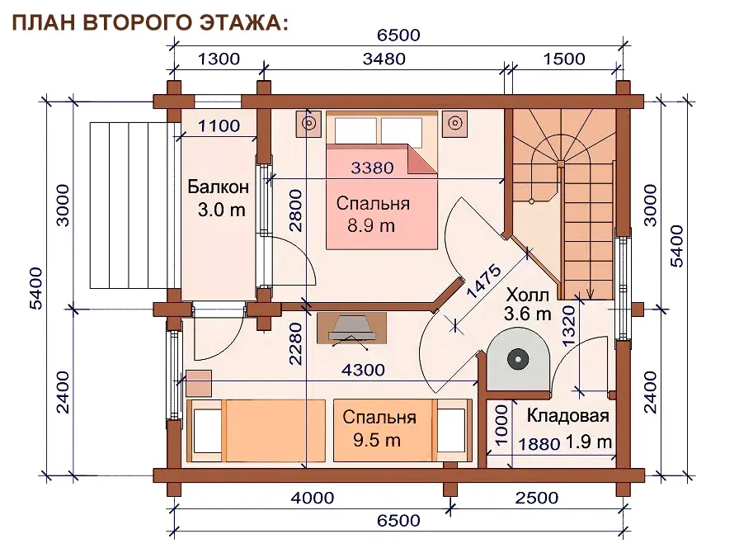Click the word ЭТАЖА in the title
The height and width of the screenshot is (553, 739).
(x=243, y=22)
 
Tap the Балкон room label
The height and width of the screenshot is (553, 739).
(x=219, y=187)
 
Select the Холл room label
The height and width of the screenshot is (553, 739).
(x=527, y=295)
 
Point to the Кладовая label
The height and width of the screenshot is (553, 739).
(x=567, y=416)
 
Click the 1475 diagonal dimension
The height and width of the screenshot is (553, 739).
(x=484, y=281)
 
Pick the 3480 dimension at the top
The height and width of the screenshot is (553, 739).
(x=384, y=59)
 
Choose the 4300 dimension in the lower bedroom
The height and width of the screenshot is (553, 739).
(x=363, y=370)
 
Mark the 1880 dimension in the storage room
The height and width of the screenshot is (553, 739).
(x=539, y=444)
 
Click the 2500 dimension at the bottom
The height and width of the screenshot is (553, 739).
(x=536, y=498)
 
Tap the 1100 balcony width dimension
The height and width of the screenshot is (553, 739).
(x=219, y=126)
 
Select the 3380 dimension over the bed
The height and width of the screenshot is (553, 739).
(x=372, y=168)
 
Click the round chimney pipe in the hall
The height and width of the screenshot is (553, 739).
(x=518, y=360)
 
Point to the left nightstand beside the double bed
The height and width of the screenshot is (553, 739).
(x=308, y=124)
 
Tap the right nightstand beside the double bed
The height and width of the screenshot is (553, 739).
(x=454, y=124)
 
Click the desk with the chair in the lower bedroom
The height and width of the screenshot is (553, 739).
(x=351, y=330)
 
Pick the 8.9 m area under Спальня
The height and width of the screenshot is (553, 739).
(x=371, y=226)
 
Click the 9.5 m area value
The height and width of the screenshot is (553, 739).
(x=377, y=440)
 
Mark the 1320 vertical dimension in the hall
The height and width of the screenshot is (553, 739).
(x=569, y=326)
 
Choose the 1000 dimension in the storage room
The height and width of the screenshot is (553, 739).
(x=501, y=425)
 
